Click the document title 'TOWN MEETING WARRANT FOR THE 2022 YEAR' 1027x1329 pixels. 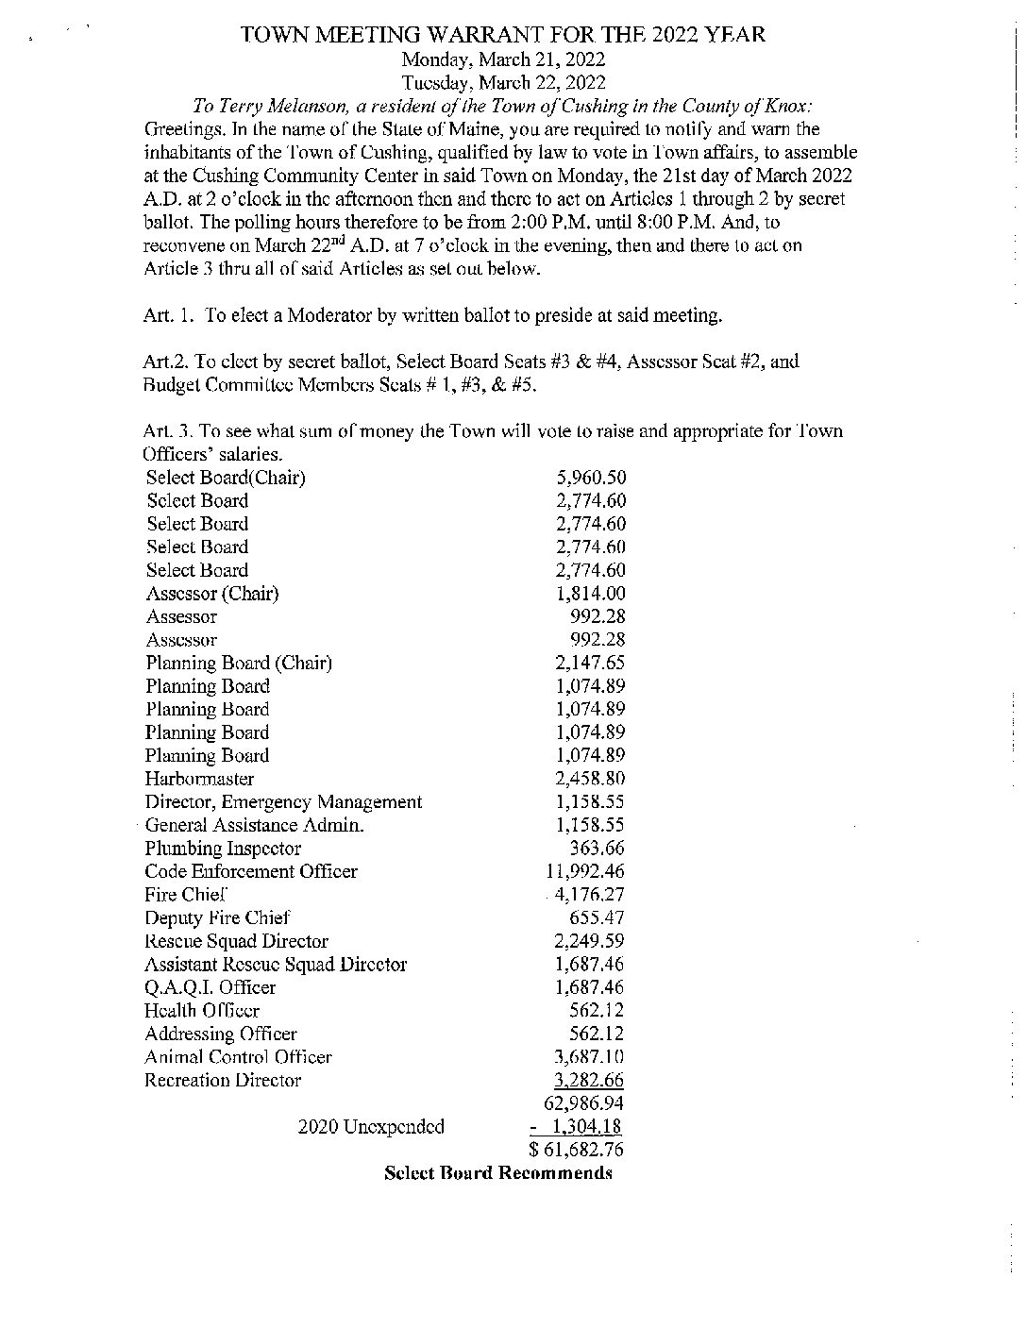coord(502,36)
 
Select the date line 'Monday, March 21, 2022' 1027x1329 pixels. coord(503,59)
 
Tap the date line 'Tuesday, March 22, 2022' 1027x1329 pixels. coord(503,83)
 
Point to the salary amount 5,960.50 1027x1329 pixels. coord(591,478)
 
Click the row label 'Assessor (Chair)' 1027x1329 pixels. coord(212,594)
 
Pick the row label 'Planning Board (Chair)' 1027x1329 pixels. coord(239,663)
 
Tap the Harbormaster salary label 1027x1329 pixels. coord(199,779)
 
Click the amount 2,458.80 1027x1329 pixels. coord(591,779)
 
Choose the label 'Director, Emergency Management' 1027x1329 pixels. coord(283,802)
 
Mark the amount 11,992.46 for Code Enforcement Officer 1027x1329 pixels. coord(585,871)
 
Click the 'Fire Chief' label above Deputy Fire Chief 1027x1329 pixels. coord(186,895)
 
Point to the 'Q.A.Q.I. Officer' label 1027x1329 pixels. coord(210,987)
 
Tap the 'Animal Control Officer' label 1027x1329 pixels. coord(238,1057)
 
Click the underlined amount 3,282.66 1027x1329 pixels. coord(591,1080)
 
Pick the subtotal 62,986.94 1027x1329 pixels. coord(585,1103)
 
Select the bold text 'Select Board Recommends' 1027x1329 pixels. coord(498,1173)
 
